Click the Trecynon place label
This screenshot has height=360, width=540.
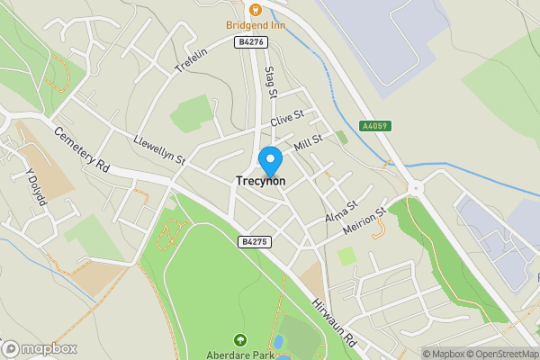[x=260, y=181]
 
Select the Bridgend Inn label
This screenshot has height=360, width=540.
[x=256, y=25]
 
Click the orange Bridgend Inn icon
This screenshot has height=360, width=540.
[x=256, y=10]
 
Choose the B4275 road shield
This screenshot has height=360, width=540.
[x=255, y=241]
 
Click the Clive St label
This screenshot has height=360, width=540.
[x=287, y=118]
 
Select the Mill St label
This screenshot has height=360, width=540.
[x=308, y=141]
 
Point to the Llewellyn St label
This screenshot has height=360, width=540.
[x=157, y=150]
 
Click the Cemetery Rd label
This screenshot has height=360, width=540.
[x=81, y=148]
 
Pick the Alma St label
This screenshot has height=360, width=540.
[x=341, y=213]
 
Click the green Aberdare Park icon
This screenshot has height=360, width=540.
[x=240, y=340]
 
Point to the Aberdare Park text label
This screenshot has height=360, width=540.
[x=240, y=355]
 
